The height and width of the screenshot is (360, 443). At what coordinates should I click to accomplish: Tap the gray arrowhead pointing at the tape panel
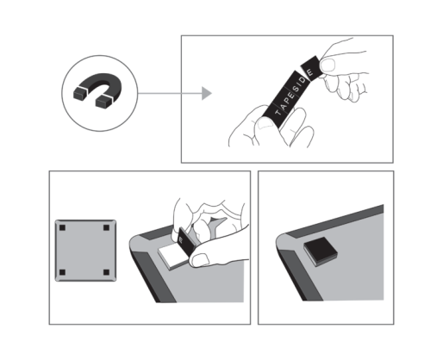point(206,93)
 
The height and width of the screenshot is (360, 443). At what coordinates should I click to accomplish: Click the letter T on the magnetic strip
point(278,112)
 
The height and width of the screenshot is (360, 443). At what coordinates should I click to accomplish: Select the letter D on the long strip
point(303,80)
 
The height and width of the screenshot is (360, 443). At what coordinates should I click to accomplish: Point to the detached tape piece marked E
point(312,69)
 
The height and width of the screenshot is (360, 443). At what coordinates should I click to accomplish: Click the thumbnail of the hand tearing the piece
point(328,65)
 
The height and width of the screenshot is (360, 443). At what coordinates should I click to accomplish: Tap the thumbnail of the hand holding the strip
point(265,124)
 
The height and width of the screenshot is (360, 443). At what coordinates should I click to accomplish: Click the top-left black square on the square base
point(62,228)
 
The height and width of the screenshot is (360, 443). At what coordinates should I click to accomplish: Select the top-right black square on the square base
point(106,228)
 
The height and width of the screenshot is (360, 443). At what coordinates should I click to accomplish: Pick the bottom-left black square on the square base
point(62,272)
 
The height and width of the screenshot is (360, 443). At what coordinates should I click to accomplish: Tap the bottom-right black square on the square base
point(106,272)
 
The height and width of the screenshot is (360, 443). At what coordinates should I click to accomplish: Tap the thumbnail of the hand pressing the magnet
point(200,260)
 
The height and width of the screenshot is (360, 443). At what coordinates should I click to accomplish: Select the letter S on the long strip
point(296,89)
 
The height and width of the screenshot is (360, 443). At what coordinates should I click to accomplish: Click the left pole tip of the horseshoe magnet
point(80,94)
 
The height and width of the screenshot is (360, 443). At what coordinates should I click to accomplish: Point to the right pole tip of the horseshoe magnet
point(103,102)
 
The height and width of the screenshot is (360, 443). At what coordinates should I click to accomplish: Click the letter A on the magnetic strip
point(283,106)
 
